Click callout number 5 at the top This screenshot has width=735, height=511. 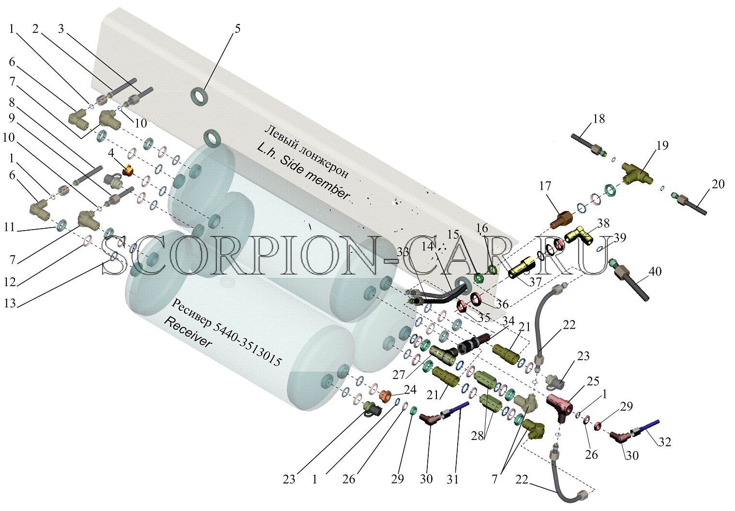click(x=237, y=29)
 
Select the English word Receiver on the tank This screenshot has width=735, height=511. click(x=188, y=332)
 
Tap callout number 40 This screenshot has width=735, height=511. click(x=655, y=271)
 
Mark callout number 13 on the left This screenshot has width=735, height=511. click(x=10, y=303)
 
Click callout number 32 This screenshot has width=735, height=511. click(x=665, y=442)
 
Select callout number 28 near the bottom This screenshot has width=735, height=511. click(x=478, y=436)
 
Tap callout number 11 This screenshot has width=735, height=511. click(x=9, y=227)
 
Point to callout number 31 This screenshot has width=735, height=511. click(x=453, y=479)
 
